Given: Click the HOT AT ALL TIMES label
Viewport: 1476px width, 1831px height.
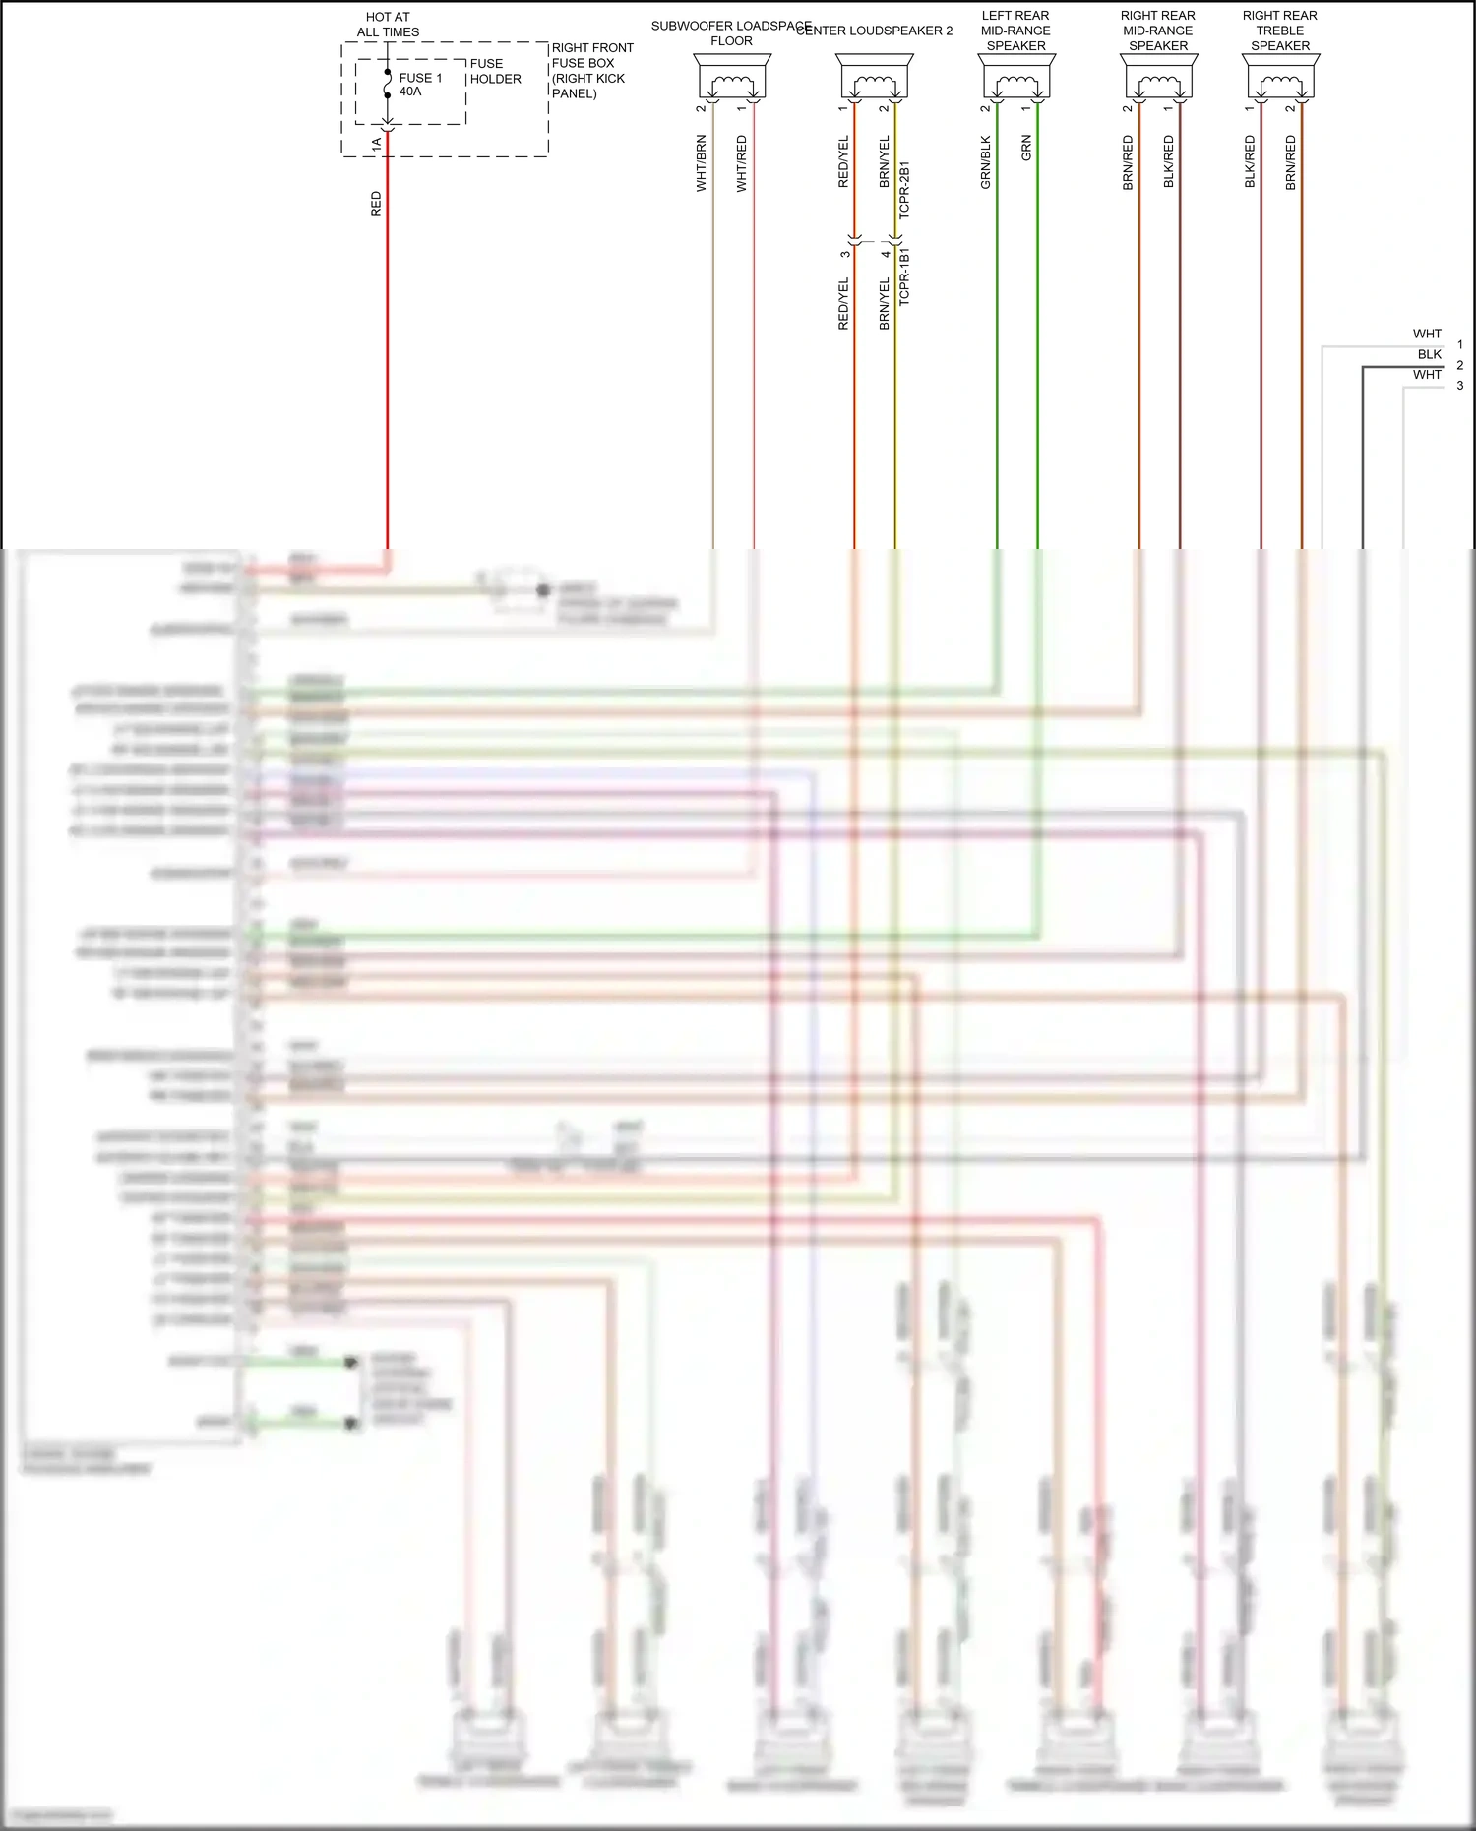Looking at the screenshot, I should (x=388, y=25).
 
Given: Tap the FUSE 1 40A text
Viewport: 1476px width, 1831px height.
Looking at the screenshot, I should (x=420, y=85).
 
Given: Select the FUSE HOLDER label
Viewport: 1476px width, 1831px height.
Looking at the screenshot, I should (x=495, y=71).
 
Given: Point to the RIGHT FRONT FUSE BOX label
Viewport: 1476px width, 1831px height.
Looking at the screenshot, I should (x=591, y=70).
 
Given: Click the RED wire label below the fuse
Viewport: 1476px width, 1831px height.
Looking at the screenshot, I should (x=376, y=205).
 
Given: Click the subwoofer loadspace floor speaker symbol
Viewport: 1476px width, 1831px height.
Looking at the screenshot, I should (x=732, y=77).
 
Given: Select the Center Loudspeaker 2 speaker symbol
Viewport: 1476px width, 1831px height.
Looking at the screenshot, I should (x=874, y=77).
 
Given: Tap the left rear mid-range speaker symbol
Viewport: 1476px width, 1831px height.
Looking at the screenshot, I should (x=1016, y=77).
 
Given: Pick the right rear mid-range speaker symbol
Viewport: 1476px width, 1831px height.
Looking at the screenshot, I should (x=1158, y=77).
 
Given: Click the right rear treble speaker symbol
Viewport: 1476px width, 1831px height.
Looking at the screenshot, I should (x=1280, y=77).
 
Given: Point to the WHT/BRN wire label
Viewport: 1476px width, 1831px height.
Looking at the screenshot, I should (x=702, y=163).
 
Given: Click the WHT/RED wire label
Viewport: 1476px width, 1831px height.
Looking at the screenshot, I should (x=742, y=163).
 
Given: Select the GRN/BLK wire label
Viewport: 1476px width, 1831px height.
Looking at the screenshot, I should (x=986, y=162).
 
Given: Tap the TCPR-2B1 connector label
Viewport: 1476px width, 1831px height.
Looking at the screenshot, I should (x=905, y=190).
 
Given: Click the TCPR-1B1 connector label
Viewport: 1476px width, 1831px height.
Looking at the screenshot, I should (x=905, y=276).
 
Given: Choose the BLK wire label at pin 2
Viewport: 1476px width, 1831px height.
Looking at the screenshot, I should (x=1429, y=354).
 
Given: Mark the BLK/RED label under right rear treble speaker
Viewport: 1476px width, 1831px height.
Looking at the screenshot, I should (x=1251, y=162).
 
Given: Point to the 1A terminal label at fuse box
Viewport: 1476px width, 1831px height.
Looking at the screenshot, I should (x=376, y=144).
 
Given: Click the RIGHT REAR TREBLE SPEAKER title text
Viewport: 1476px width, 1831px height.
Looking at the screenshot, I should (x=1279, y=31).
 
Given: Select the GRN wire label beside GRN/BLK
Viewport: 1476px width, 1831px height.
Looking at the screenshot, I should (x=1026, y=149).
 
